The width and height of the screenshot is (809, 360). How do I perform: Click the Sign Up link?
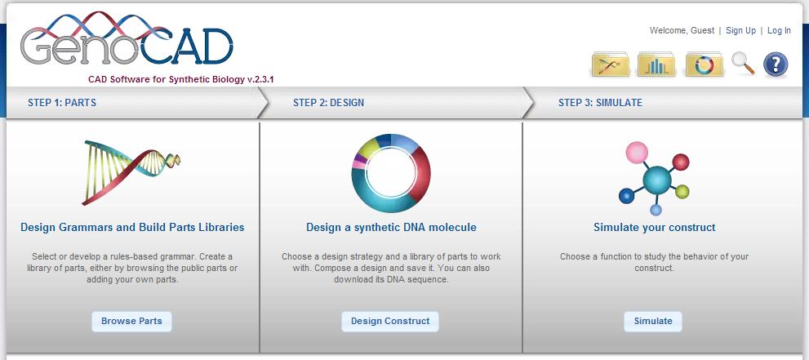pyautogui.click(x=740, y=31)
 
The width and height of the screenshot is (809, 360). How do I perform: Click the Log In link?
pyautogui.click(x=779, y=31)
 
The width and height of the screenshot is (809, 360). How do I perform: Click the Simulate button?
pyautogui.click(x=652, y=322)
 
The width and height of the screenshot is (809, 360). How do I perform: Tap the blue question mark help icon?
pyautogui.click(x=776, y=65)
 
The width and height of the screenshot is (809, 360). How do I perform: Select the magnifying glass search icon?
pyautogui.click(x=743, y=64)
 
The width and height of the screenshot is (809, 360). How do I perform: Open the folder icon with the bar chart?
pyautogui.click(x=656, y=64)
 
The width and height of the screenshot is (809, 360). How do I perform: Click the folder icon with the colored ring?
pyautogui.click(x=705, y=64)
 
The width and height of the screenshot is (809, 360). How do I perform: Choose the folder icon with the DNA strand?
pyautogui.click(x=610, y=64)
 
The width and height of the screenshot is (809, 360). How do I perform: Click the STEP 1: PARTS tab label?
pyautogui.click(x=62, y=103)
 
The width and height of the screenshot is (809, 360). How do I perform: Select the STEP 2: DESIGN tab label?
pyautogui.click(x=328, y=103)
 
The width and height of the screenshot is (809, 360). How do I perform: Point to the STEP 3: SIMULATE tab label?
pyautogui.click(x=600, y=103)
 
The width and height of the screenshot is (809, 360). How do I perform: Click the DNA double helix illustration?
pyautogui.click(x=131, y=172)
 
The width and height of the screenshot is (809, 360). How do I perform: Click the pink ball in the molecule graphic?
pyautogui.click(x=637, y=153)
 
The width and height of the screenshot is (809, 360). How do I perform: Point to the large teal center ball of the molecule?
pyautogui.click(x=657, y=180)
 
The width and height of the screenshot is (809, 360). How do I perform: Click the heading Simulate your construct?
pyautogui.click(x=654, y=228)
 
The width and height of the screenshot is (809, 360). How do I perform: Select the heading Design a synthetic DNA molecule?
pyautogui.click(x=391, y=228)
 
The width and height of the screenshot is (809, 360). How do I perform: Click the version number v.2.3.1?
pyautogui.click(x=260, y=80)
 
